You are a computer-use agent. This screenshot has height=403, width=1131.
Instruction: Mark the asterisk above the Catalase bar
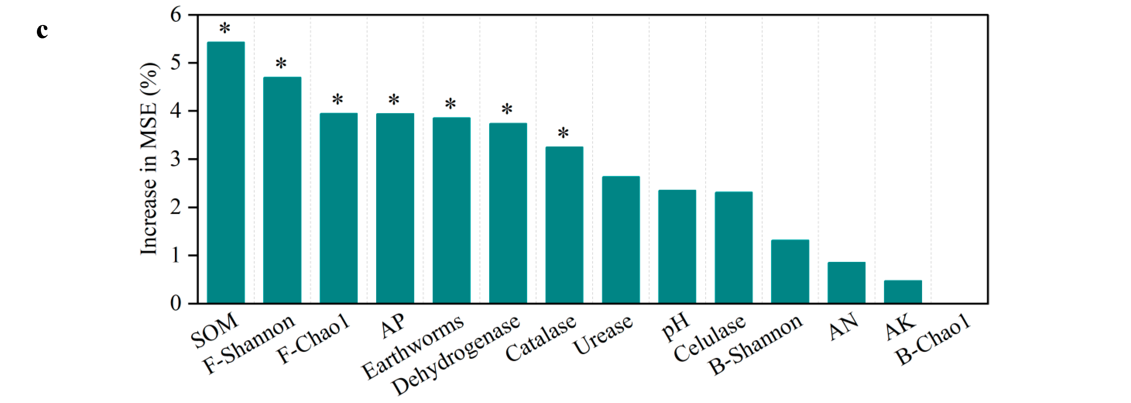(x=563, y=133)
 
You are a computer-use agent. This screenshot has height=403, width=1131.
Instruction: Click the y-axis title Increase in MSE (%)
(x=149, y=159)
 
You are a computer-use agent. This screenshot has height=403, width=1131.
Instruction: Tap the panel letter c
(x=42, y=31)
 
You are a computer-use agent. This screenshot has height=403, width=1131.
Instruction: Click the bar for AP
(x=395, y=208)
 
